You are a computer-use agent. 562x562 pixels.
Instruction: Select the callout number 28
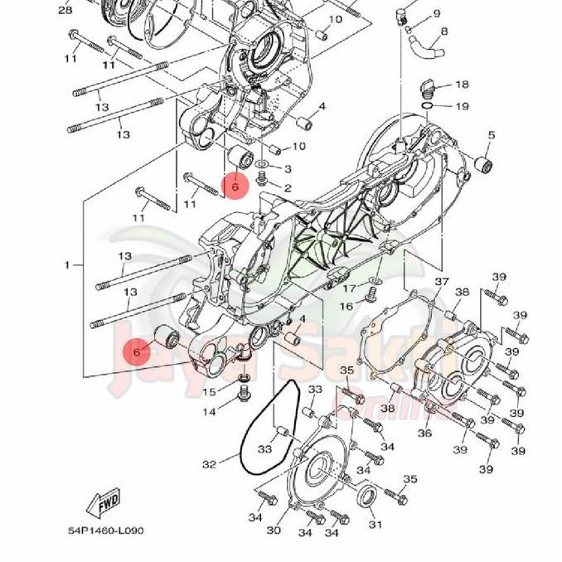point(65,10)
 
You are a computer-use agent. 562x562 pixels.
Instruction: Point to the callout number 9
point(436,14)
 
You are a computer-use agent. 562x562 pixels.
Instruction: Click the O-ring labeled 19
point(425,106)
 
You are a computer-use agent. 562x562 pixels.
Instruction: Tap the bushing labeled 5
point(484,162)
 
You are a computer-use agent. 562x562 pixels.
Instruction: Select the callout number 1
point(68,265)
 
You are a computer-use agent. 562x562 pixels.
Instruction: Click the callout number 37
point(441,283)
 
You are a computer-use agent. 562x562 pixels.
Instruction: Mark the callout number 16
point(346,307)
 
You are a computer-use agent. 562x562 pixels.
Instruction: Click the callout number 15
point(210,392)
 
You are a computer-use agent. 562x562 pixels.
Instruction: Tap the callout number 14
point(210,412)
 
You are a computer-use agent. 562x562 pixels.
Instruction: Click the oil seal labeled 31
point(369,498)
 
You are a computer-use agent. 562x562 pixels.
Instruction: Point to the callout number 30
point(274,531)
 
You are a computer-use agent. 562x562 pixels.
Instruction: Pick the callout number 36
point(424,434)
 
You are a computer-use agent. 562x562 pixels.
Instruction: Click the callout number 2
point(288,189)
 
